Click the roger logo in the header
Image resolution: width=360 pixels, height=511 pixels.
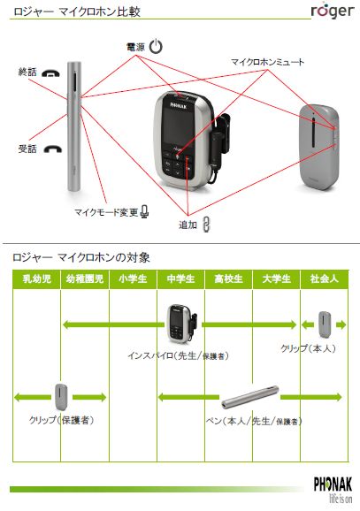333,11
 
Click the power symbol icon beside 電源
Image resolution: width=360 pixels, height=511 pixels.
156,46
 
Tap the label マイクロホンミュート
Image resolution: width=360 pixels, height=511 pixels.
267,62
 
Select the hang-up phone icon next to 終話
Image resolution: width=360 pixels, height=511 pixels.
51,73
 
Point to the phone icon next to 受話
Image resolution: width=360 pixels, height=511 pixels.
53,149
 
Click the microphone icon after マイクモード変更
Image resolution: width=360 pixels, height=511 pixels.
145,212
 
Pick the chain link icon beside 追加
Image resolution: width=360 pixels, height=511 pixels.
206,225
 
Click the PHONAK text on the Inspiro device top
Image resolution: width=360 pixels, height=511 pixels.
179,105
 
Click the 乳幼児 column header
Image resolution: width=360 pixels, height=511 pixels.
37,279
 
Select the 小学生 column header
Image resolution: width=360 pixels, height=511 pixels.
133,279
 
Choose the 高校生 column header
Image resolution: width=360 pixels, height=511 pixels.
228,279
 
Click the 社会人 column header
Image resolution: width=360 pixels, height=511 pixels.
324,279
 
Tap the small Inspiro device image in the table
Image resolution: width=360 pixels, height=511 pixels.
181,324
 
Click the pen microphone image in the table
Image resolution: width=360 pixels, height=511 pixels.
250,397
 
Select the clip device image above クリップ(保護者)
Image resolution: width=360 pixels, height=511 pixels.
61,397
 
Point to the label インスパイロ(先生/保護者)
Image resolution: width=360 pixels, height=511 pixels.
178,355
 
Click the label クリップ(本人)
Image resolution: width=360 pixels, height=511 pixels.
308,348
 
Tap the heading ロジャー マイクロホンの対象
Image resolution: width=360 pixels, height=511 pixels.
81,257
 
